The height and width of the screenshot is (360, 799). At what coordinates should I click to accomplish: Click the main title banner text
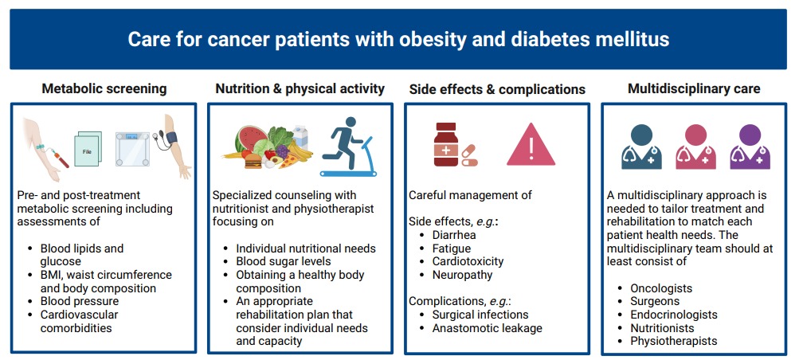398,39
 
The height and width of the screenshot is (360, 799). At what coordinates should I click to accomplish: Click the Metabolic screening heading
104,89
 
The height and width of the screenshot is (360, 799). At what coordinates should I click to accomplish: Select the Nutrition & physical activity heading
300,89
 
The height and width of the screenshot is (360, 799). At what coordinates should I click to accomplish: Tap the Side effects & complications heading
497,89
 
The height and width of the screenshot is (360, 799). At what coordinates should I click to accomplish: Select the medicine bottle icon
447,146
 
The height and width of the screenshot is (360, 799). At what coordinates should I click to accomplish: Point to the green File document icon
87,148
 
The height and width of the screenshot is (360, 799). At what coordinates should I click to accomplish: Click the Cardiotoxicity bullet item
467,261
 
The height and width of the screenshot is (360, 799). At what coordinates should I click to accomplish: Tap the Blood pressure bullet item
80,302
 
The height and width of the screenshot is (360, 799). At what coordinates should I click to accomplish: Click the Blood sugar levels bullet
283,261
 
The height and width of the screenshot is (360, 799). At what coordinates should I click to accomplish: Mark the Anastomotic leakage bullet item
487,328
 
